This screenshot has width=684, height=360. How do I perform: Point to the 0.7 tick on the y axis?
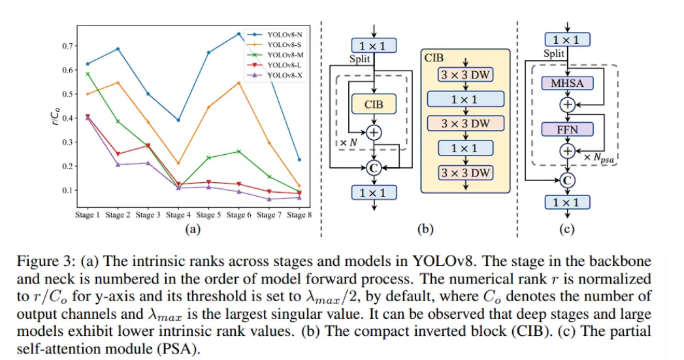click(66, 46)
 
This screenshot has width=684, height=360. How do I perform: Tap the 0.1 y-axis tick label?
click(66, 191)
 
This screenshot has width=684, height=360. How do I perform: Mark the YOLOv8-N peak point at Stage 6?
click(238, 33)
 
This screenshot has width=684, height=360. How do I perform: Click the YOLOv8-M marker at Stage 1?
click(88, 74)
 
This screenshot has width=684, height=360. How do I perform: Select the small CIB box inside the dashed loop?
click(374, 103)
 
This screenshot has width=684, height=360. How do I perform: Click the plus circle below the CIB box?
click(374, 133)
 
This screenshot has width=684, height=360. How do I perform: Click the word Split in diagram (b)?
click(359, 59)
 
